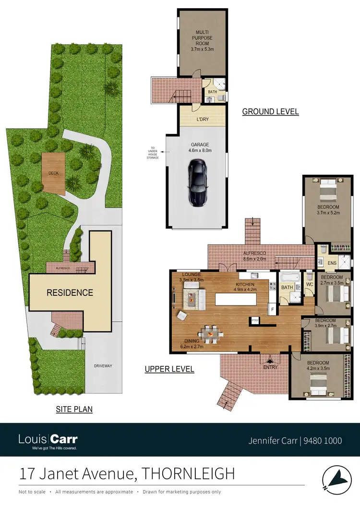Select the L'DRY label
coord(202,119)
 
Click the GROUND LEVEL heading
coord(270,111)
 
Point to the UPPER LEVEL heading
coord(169,369)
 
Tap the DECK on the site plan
coord(52,173)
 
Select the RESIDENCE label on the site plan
coord(70,292)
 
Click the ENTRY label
coord(270,367)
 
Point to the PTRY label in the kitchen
coord(254,320)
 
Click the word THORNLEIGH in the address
coord(189,474)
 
